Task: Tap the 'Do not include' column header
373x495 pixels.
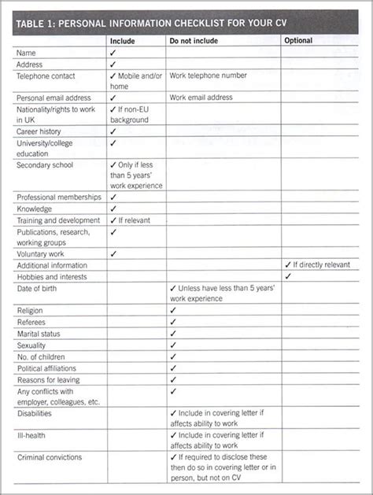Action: pos(194,40)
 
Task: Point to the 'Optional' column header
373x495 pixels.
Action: pos(298,40)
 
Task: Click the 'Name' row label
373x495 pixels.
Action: pos(27,53)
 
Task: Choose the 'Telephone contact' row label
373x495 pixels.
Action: pos(46,76)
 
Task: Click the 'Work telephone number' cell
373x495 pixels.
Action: pos(209,76)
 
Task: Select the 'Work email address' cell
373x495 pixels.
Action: pos(202,98)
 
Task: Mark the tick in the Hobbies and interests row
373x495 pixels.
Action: pos(287,276)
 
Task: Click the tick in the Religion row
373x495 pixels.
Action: pos(172,310)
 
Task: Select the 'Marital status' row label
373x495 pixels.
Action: pos(39,333)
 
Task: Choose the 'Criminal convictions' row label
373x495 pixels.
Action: pos(49,456)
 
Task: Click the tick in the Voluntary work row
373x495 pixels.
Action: pos(113,253)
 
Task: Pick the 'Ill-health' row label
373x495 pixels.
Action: pos(31,434)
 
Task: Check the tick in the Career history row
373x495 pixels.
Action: pos(113,131)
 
